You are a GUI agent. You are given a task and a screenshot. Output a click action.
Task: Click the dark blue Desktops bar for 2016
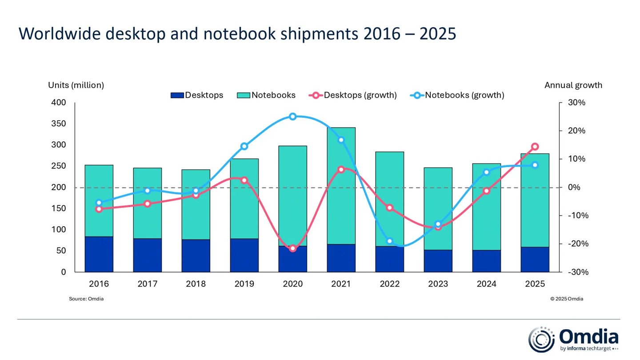click(99, 254)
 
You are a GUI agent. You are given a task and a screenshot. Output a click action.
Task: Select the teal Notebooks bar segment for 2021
click(341, 186)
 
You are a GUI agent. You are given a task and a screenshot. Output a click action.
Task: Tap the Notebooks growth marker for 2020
click(292, 117)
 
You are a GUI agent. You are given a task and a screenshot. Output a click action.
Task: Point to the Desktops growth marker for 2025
click(535, 147)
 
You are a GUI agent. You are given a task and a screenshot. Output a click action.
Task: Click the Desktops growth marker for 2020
click(292, 248)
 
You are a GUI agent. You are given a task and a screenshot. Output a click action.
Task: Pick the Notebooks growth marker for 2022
click(389, 241)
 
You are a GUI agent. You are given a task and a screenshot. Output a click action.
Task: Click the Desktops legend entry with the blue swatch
click(197, 95)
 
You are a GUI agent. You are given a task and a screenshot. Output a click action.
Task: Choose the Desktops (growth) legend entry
click(353, 95)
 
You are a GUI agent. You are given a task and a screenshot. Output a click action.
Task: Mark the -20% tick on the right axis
click(576, 244)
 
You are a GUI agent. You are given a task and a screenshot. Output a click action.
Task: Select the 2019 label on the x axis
click(244, 284)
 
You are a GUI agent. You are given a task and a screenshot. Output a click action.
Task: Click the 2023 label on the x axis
click(438, 284)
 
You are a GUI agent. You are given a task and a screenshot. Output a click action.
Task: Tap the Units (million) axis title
click(76, 85)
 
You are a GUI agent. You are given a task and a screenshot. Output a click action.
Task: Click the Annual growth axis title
click(573, 85)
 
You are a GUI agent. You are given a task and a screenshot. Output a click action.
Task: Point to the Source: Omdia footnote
click(86, 299)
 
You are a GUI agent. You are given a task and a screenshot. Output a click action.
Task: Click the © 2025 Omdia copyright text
click(567, 299)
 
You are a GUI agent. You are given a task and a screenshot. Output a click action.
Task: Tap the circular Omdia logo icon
click(541, 340)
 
